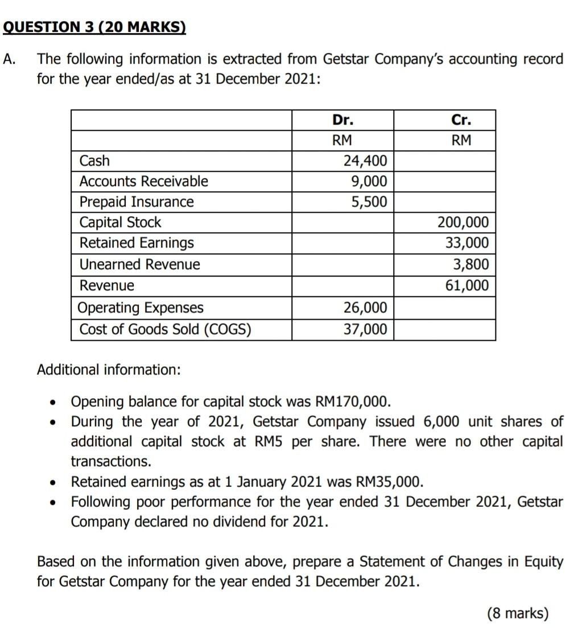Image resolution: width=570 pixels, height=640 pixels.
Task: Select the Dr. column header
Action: [x=342, y=120]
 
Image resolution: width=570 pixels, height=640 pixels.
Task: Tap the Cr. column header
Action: [x=461, y=120]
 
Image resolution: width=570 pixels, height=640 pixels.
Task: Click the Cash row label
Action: [x=95, y=161]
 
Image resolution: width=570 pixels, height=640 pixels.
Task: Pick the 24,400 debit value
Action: [x=365, y=161]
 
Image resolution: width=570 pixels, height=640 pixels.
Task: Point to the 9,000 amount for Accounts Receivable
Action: [x=370, y=181]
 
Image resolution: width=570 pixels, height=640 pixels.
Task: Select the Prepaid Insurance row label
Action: [x=137, y=202]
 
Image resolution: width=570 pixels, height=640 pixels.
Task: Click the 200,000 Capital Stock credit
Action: [x=462, y=222]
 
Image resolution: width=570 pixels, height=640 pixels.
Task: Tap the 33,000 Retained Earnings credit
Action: [x=466, y=243]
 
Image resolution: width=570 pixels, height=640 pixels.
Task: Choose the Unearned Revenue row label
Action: [x=140, y=265]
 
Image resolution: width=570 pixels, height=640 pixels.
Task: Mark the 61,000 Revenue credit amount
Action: [x=466, y=285]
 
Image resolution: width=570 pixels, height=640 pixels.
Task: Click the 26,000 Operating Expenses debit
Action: [x=365, y=308]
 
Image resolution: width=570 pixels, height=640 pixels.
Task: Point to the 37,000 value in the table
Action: [x=365, y=329]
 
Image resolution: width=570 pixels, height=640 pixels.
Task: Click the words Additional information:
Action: [x=109, y=370]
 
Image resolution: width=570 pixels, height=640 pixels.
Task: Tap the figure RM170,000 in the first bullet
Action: [x=353, y=402]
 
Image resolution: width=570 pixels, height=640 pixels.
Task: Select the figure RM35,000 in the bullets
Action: [x=389, y=482]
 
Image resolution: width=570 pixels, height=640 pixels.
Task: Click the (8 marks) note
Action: [x=518, y=613]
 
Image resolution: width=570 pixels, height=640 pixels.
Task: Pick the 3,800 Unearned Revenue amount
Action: [x=470, y=265]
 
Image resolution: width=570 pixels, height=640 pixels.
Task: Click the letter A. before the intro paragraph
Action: [x=9, y=59]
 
